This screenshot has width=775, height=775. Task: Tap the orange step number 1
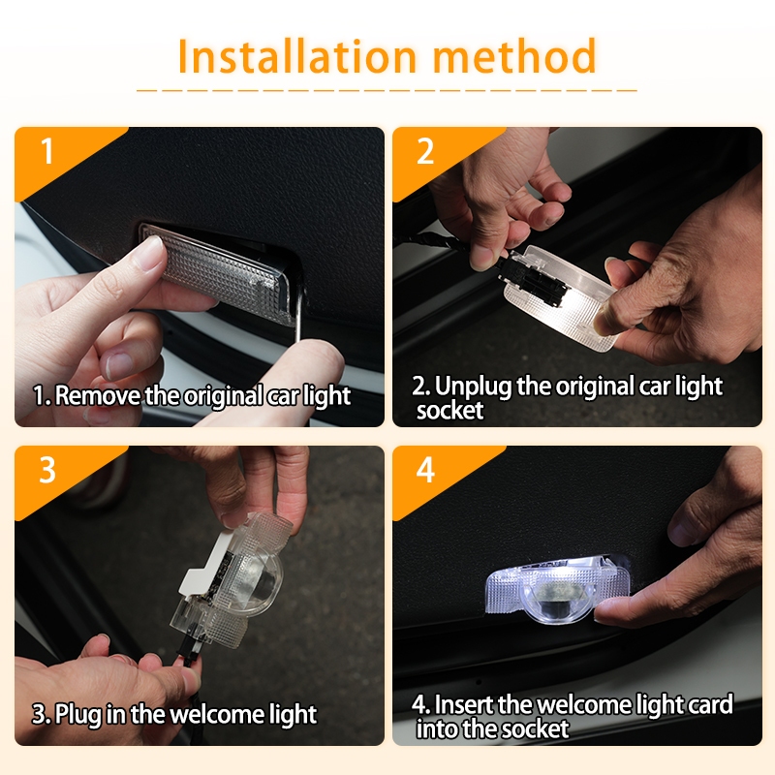pyautogui.click(x=46, y=150)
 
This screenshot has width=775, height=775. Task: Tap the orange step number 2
pyautogui.click(x=425, y=151)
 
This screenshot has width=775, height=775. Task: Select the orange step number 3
pyautogui.click(x=47, y=470)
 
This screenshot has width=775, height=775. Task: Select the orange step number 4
pyautogui.click(x=425, y=470)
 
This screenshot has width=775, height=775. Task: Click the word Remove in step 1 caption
pyautogui.click(x=98, y=395)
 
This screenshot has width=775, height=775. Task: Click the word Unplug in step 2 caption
pyautogui.click(x=473, y=387)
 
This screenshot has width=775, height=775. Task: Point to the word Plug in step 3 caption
pyautogui.click(x=78, y=715)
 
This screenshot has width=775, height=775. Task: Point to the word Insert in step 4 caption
pyautogui.click(x=465, y=704)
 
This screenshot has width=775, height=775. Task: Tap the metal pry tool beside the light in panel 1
pyautogui.click(x=299, y=316)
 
